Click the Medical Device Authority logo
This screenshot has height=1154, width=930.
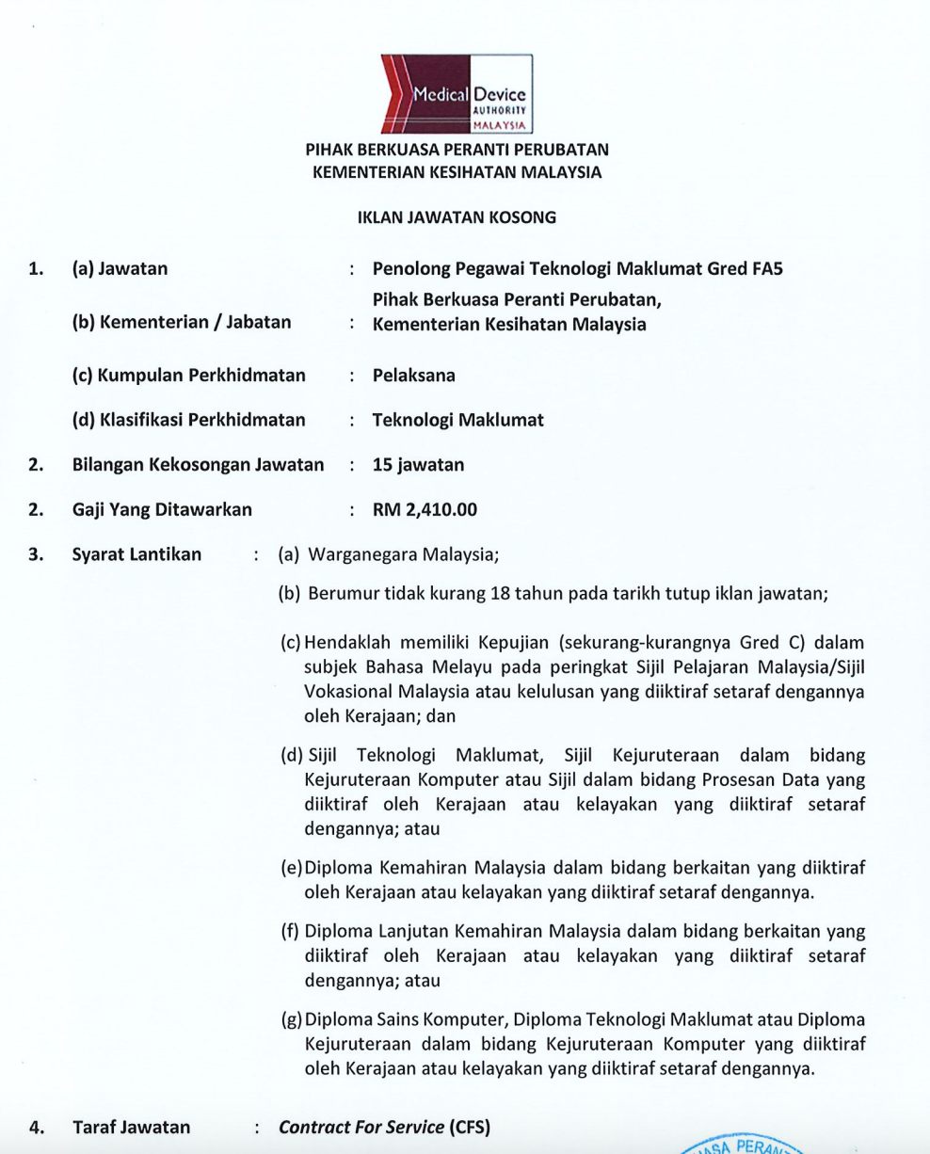tap(457, 92)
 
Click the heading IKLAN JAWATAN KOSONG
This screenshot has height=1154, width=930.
tap(457, 217)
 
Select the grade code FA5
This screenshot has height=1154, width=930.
tap(768, 269)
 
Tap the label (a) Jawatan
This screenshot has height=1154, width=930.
tap(120, 269)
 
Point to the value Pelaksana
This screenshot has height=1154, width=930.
tap(414, 376)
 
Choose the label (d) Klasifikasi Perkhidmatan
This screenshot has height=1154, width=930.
tap(188, 421)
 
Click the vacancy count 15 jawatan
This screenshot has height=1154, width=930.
tap(418, 465)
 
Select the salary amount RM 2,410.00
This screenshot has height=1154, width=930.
tap(425, 510)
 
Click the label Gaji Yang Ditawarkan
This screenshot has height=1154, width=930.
tap(162, 510)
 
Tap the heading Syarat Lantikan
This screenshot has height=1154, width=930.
tap(136, 554)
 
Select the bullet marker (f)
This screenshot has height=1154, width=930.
tap(291, 932)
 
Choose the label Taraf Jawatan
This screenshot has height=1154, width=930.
tap(131, 1127)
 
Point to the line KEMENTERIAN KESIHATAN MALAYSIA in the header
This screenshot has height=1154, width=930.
tap(457, 172)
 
